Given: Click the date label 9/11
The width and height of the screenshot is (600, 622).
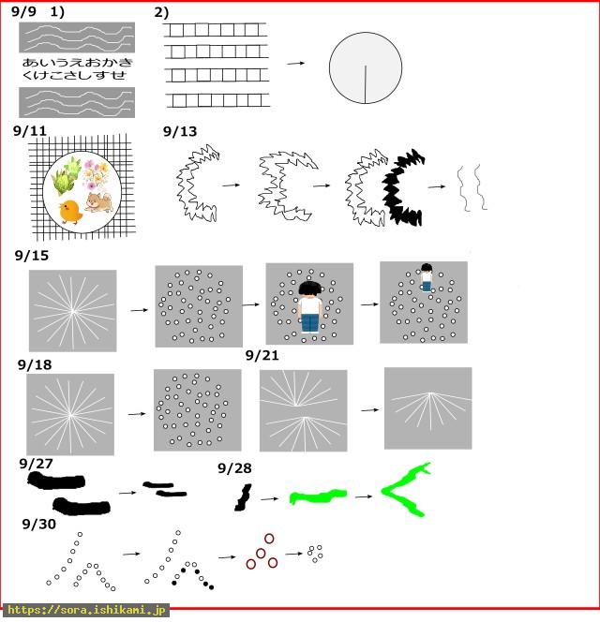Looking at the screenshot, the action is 29,131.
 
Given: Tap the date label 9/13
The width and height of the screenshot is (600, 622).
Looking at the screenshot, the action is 180,131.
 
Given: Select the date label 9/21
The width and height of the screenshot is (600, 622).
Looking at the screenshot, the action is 262,355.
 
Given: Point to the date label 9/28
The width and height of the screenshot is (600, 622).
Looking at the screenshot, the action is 234,468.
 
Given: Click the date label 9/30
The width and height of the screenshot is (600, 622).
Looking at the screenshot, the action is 39,524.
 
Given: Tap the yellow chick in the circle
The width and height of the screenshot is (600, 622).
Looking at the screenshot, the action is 70,212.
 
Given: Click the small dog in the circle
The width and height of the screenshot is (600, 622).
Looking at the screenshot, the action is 98,202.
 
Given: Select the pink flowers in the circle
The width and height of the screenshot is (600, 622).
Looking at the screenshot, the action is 96,173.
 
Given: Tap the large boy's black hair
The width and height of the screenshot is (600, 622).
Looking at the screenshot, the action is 309,289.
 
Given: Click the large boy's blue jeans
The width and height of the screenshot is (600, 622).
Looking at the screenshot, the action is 309,322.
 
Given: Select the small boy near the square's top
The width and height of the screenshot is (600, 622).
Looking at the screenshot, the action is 427,277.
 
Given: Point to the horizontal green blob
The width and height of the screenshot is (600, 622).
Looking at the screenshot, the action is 318,496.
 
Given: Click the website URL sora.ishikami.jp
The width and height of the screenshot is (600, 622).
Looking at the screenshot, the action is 86,610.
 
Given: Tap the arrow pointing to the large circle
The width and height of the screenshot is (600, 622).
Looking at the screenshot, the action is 296,63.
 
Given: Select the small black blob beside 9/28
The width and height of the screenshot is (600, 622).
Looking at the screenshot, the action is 243,497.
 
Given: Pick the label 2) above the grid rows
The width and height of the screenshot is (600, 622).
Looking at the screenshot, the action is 161,13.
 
